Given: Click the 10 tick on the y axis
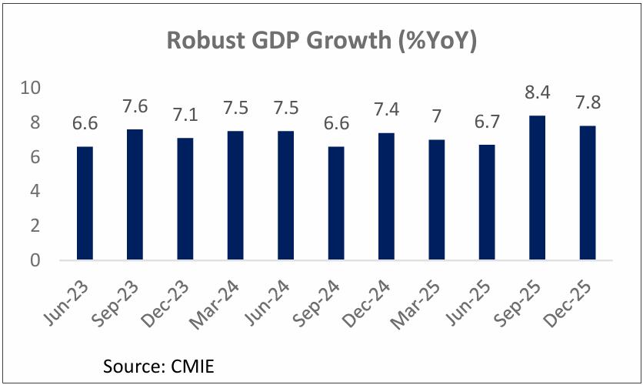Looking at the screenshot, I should pos(30,88).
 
